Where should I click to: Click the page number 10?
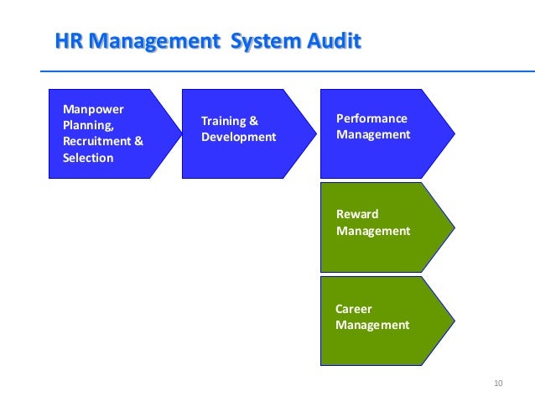pos(498,384)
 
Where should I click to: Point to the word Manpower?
pos(91,108)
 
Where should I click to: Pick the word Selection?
pos(88,158)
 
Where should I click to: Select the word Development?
pos(239,137)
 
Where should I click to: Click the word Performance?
pos(371,118)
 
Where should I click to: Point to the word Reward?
pos(357,214)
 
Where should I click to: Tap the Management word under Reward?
pos(373,230)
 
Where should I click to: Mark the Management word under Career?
pos(372,325)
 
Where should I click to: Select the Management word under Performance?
pos(373,134)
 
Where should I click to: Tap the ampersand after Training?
pos(254,121)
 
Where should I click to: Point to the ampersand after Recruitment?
pos(138,141)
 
